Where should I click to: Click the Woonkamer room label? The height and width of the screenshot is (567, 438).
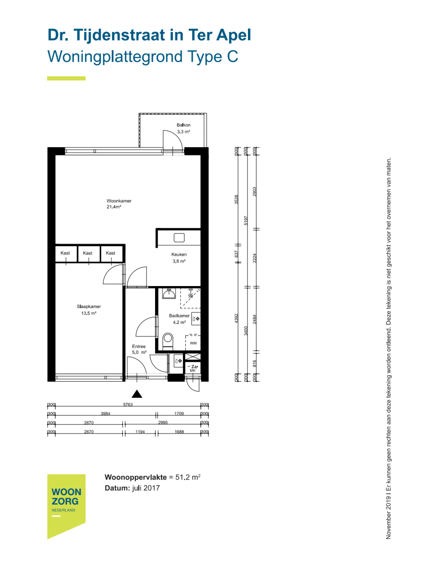pos(119,201)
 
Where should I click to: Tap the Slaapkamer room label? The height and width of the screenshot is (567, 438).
pos(88,307)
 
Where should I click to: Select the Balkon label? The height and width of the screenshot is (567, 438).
pos(183,125)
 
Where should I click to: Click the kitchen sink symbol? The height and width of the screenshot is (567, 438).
pos(179,237)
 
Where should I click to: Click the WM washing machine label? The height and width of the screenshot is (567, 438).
pos(193,343)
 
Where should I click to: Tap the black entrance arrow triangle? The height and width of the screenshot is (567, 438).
pos(137,394)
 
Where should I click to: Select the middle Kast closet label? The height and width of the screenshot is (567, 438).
pos(88,253)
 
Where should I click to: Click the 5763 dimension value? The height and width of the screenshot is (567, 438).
pos(128,404)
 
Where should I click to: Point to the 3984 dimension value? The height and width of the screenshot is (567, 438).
pos(105,414)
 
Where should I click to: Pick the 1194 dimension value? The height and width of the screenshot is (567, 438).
pos(140,432)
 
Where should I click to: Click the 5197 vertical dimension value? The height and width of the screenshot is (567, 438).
pos(246,221)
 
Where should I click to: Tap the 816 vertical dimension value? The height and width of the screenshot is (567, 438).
pos(255,364)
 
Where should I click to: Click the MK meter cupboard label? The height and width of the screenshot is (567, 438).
pos(193,371)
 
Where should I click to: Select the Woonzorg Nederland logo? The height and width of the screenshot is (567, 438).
pos(66,507)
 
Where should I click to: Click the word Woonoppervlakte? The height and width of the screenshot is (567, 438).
pos(136,477)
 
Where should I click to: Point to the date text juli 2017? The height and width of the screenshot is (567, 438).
pos(146,488)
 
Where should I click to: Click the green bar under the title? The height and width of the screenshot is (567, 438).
pos(66,78)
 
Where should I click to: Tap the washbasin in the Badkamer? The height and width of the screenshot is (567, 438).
pos(169,293)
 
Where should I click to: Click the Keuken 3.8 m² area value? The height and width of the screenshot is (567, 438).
pos(179,261)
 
